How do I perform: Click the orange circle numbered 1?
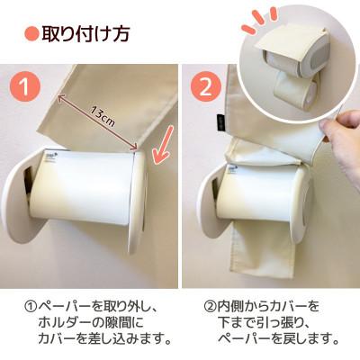[28, 88]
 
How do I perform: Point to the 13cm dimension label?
[101, 114]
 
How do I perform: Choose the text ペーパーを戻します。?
[278, 338]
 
